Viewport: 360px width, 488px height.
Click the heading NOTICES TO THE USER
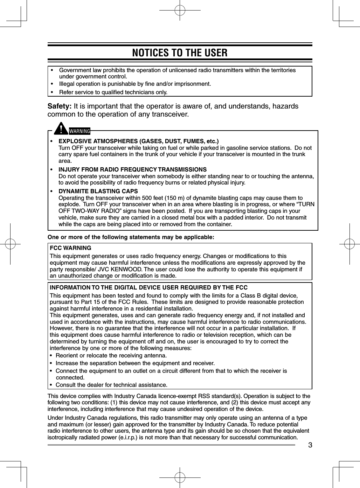tap(180, 53)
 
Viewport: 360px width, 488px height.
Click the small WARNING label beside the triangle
tap(79, 131)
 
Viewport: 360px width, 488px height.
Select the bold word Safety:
tap(60, 106)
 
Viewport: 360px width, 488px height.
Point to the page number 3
tap(310, 445)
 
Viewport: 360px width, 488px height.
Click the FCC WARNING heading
tap(70, 248)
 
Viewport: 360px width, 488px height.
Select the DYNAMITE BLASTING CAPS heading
tap(98, 191)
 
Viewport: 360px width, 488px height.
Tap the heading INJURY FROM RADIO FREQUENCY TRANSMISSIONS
tap(132, 169)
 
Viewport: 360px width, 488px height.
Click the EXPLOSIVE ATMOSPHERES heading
tap(138, 141)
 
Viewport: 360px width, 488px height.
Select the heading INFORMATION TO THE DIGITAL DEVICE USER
tap(148, 288)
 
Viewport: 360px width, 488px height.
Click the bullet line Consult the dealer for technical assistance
tap(111, 385)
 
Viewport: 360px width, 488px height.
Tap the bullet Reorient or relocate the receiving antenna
tap(111, 356)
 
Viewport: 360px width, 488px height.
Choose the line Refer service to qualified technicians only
tap(113, 92)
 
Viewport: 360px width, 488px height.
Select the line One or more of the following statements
tap(131, 237)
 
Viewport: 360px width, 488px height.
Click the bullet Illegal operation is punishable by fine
tap(135, 84)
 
